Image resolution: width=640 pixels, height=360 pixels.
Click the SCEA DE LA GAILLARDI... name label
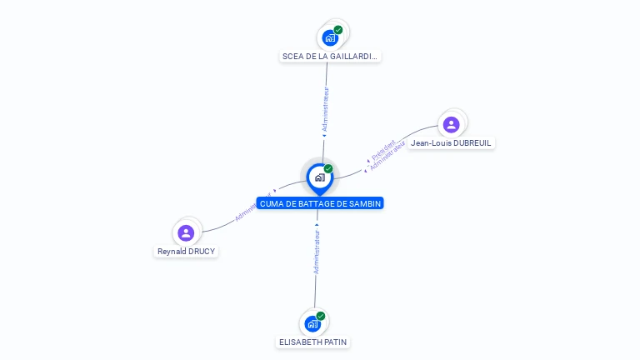coord(330,57)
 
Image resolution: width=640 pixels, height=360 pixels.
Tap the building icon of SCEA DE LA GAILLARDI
coord(331,37)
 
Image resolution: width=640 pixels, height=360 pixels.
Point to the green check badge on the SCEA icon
coord(338,30)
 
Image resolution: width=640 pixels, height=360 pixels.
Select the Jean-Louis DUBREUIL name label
coord(452,143)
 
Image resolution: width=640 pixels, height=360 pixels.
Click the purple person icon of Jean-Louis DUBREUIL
coord(452,124)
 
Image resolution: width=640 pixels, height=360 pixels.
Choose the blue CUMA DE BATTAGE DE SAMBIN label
coord(320,203)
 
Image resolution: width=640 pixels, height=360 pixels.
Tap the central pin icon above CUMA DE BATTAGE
coord(319,177)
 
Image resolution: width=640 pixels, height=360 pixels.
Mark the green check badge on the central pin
coord(328,168)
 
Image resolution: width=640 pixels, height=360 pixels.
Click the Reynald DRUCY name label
coord(187,252)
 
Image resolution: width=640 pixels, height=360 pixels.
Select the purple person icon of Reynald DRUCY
coord(186,232)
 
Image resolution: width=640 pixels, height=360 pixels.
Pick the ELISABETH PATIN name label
coord(313,342)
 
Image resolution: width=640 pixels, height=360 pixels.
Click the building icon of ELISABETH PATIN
coord(312,323)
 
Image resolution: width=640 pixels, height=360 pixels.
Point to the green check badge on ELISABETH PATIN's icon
coord(321,316)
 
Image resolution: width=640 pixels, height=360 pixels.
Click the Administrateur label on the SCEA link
coord(326,109)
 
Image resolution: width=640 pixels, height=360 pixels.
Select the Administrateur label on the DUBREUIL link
coord(387,157)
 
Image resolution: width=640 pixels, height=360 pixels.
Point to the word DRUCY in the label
coord(200,252)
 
